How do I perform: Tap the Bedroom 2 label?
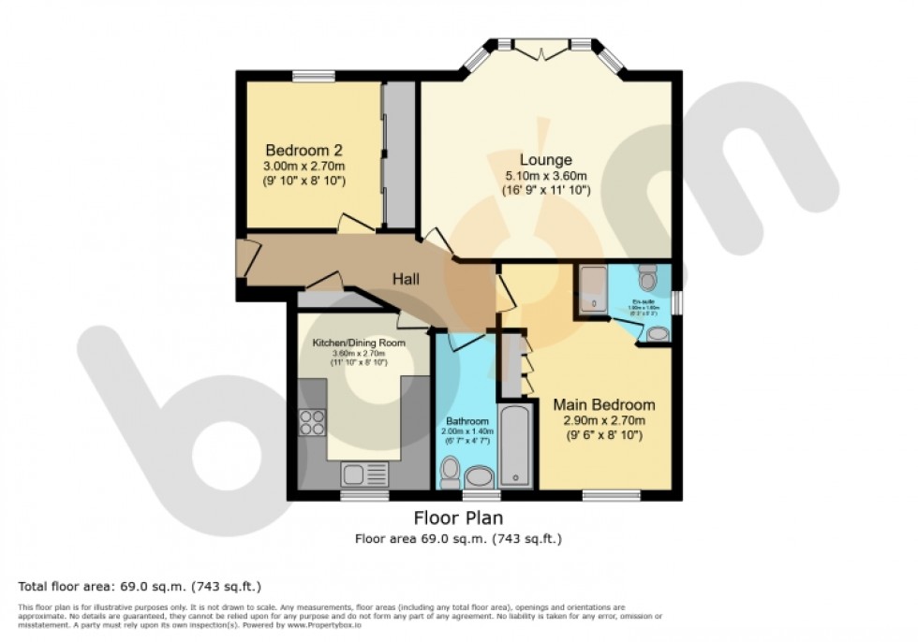point(304,151)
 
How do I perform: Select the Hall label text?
point(406,279)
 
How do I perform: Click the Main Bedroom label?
point(603,405)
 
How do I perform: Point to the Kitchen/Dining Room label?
point(359,343)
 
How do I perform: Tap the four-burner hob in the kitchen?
point(312,423)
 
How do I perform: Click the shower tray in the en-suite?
point(592,289)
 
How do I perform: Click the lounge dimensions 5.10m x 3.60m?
point(545,176)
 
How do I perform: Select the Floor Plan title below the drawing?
point(458,518)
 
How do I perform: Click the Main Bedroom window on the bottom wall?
point(603,494)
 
